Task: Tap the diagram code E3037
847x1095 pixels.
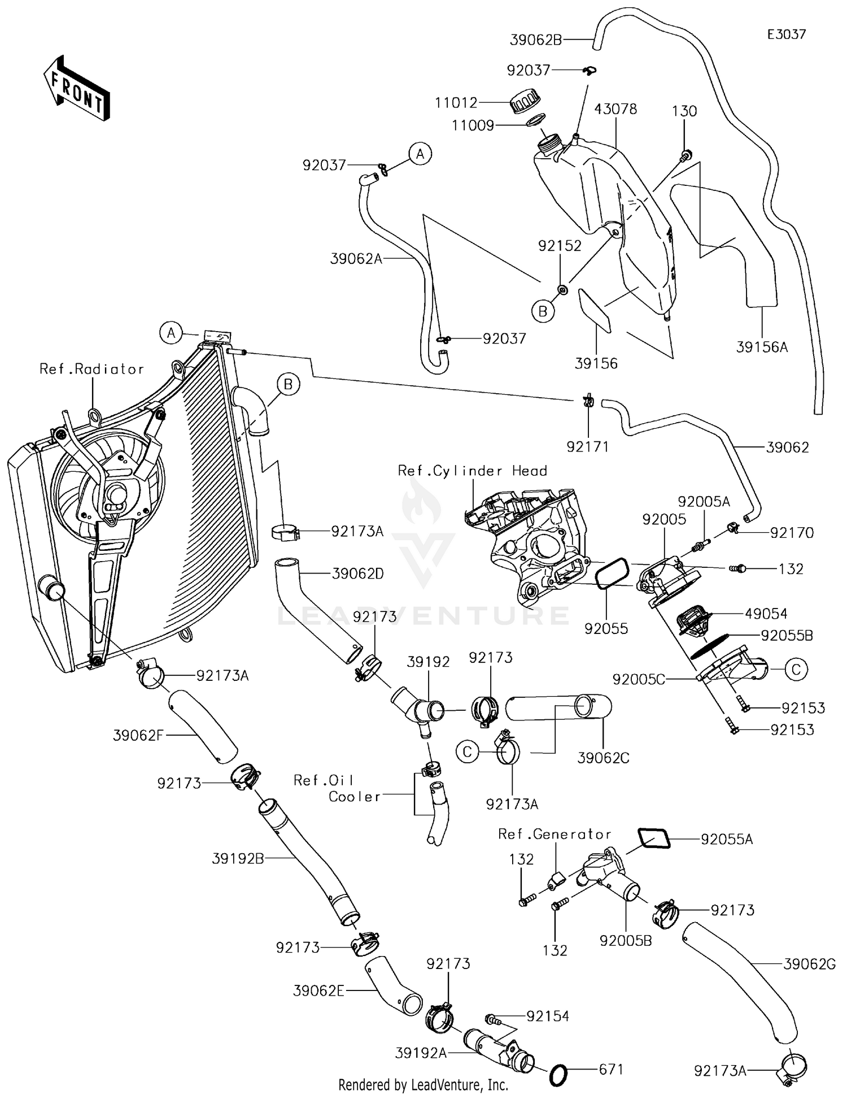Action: tap(787, 34)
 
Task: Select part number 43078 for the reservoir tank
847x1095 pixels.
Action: tap(615, 108)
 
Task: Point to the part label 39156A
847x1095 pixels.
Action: tap(762, 347)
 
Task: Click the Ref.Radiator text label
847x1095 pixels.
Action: tap(91, 369)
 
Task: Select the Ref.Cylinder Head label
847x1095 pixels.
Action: tap(473, 471)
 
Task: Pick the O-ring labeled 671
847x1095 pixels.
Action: tap(558, 1075)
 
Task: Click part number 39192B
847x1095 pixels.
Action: tap(238, 858)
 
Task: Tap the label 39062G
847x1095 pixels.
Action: tap(809, 964)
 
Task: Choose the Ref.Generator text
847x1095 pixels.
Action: tap(555, 834)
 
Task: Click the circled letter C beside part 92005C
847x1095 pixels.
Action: tap(796, 670)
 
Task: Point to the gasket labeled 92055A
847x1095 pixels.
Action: tap(654, 838)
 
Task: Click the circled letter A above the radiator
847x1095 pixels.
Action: tap(171, 333)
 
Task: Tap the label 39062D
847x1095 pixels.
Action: tap(358, 574)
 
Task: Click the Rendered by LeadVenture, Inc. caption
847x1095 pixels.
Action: tap(423, 1084)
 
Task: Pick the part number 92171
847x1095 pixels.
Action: tap(588, 447)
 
